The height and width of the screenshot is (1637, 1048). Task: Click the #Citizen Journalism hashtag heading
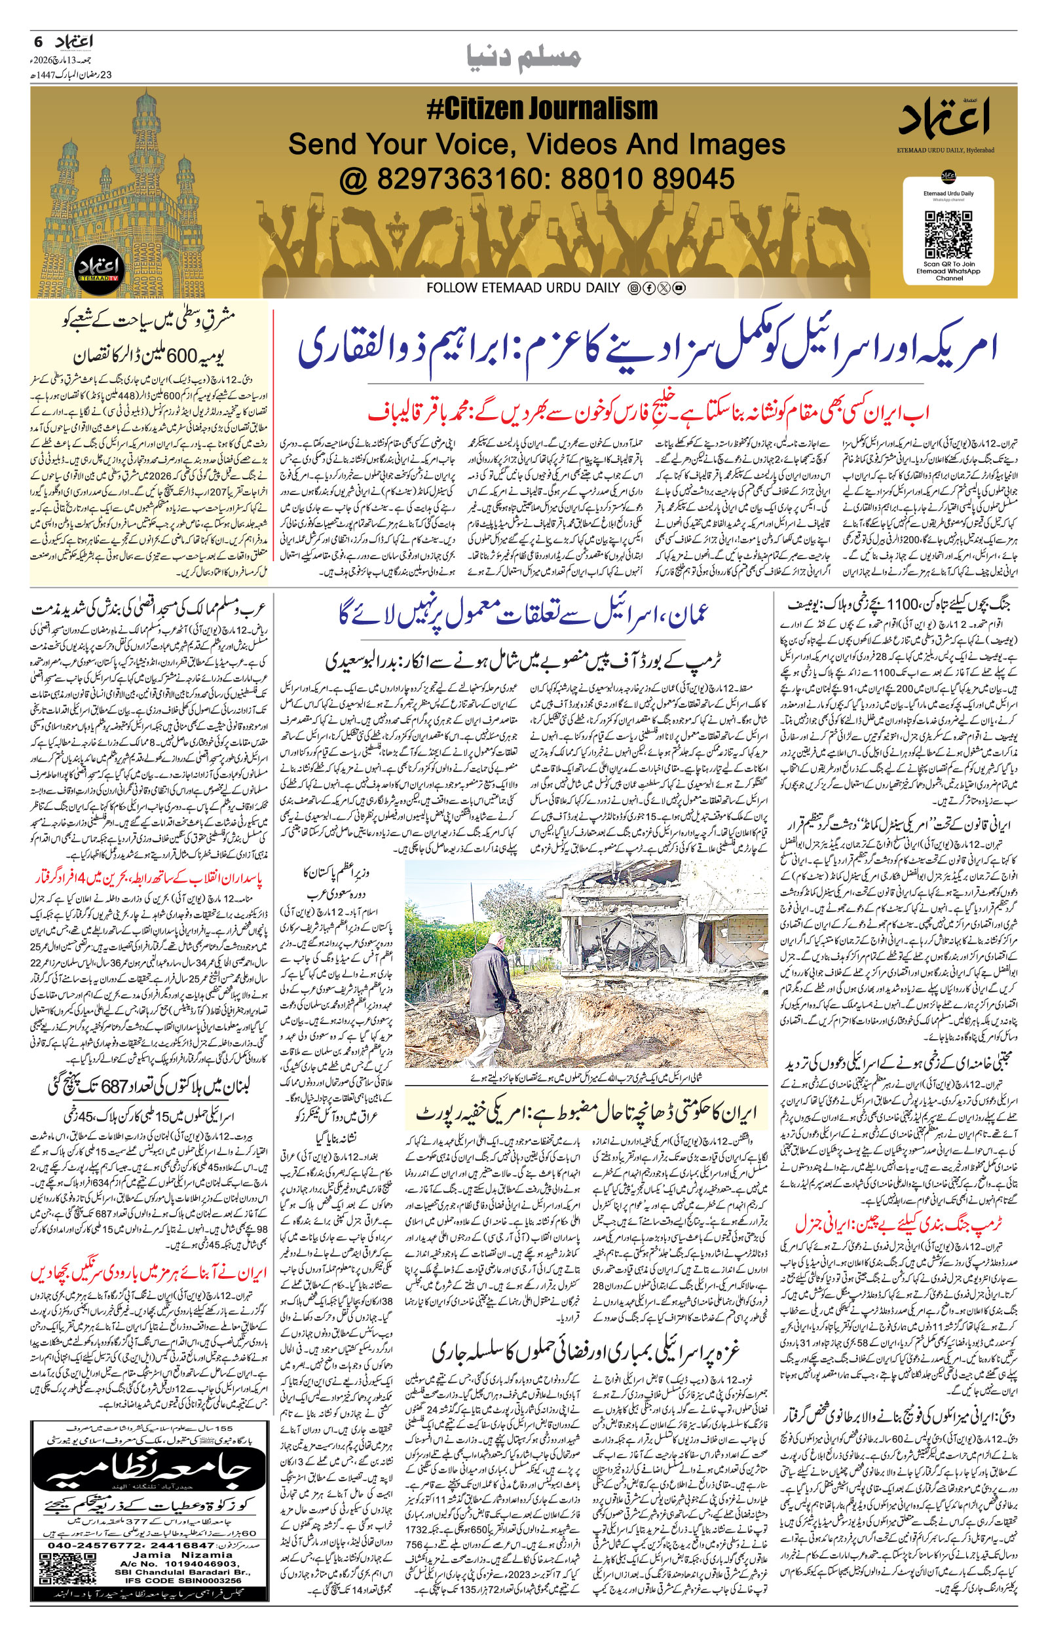click(x=542, y=109)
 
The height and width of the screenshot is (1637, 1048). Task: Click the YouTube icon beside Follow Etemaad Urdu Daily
click(x=679, y=288)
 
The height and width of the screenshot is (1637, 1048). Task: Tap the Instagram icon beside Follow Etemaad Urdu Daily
click(x=633, y=288)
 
